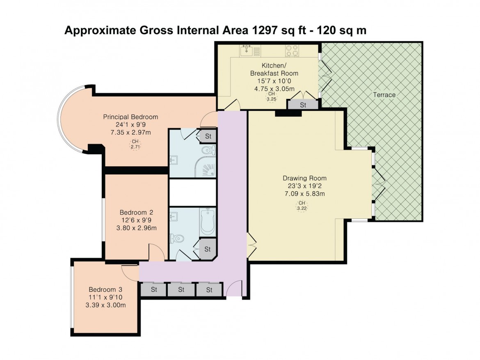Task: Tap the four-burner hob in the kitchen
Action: pos(292,50)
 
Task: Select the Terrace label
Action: pos(384,95)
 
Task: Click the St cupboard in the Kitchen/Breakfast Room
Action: pos(303,105)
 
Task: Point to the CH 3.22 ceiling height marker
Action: pos(302,206)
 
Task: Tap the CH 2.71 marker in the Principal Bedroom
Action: pos(135,144)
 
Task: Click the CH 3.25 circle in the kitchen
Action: pos(272,96)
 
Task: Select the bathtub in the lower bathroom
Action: pos(208,222)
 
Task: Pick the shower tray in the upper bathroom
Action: pos(206,167)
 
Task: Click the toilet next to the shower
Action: pos(209,150)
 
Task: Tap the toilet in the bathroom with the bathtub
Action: pos(177,238)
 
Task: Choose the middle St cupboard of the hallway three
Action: pos(181,289)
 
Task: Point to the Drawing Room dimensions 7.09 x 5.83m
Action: pos(304,194)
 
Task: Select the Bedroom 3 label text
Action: pos(105,289)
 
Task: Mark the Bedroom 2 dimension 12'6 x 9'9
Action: pos(136,220)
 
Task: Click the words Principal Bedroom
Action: pos(130,117)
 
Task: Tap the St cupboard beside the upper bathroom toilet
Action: pos(208,136)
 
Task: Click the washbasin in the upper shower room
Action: pos(173,160)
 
